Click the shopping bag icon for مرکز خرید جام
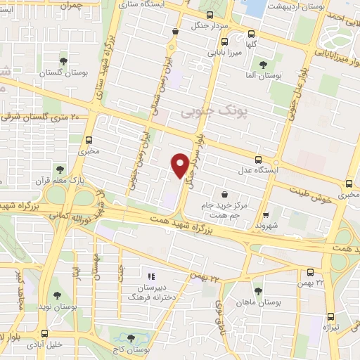coord(224,194)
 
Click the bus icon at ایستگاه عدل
coord(259,160)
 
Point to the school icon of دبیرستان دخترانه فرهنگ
coord(150,276)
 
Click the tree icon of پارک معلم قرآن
coord(60,169)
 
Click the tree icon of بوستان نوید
coord(57,296)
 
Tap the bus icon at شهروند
coord(265,216)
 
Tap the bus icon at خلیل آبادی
coord(45,333)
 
